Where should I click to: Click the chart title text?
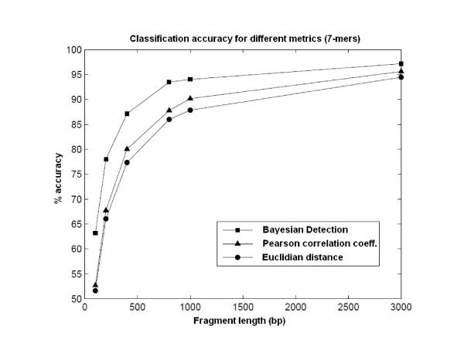243,39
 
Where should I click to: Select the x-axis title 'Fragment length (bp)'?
243,321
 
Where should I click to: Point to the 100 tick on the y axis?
73,49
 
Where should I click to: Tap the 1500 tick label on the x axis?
243,308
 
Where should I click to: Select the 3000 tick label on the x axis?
401,308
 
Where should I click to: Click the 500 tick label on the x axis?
138,308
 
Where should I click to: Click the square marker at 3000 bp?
401,63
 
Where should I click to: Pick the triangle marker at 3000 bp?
401,71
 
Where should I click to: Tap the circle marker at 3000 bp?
401,76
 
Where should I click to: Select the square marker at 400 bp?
127,114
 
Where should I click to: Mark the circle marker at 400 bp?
127,162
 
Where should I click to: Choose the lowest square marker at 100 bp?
95,233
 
